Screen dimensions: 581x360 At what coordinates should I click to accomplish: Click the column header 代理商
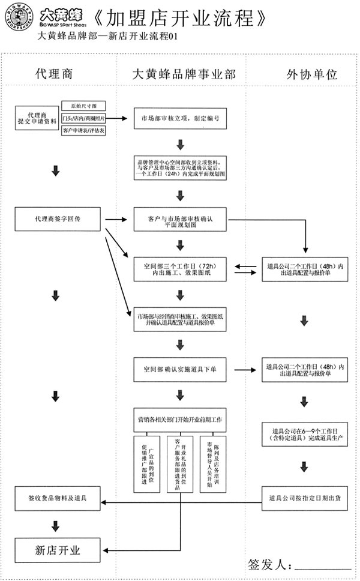[x=53, y=74]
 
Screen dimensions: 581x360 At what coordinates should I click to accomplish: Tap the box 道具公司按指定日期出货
[x=304, y=498]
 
